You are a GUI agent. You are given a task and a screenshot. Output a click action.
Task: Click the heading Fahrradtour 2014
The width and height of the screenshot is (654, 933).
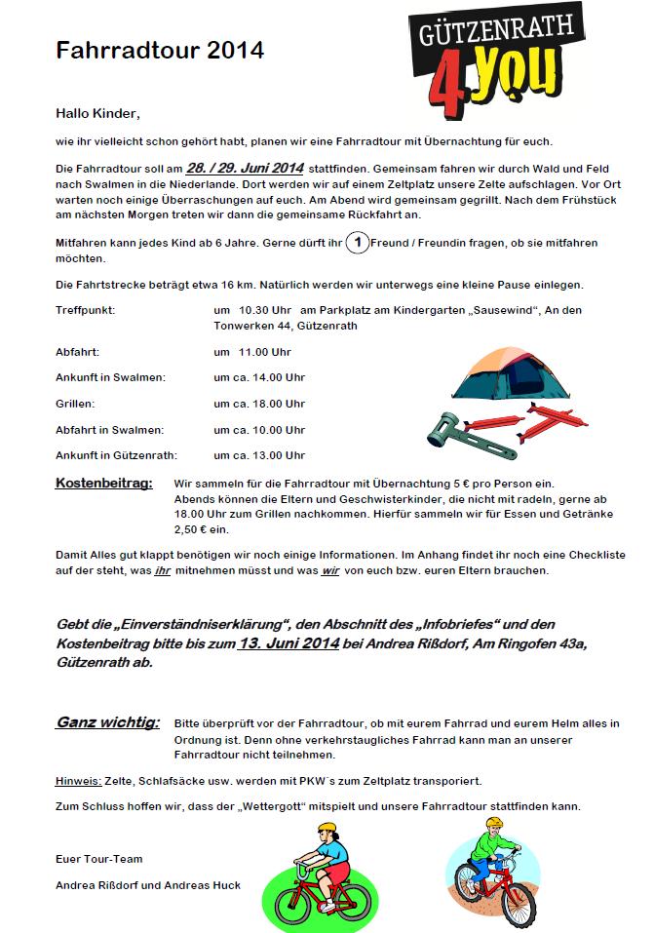tap(160, 51)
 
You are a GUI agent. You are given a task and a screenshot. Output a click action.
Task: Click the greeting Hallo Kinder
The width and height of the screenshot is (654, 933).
tap(97, 113)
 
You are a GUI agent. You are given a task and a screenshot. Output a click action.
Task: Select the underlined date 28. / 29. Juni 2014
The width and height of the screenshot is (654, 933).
tap(245, 168)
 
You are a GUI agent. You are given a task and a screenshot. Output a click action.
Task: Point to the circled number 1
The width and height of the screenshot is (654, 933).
tap(358, 243)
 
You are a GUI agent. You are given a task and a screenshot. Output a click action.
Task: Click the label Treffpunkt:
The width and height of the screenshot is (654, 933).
tap(86, 309)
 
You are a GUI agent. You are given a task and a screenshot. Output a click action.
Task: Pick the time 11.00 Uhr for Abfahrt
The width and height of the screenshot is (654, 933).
tap(252, 351)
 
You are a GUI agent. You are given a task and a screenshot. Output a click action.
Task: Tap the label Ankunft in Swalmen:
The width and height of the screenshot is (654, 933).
tap(110, 376)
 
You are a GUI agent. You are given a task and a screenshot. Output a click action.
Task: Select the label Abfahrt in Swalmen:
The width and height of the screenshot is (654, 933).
tap(110, 429)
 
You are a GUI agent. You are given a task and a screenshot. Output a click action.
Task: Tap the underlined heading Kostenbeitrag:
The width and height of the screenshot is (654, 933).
tap(104, 483)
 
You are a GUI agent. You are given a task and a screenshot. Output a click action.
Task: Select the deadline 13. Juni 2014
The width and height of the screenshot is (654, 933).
tap(289, 643)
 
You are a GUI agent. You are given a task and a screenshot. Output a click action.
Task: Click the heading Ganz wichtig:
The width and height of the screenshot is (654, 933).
tap(107, 722)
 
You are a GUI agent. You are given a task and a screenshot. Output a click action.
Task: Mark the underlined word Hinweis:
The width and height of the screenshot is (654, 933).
tap(79, 781)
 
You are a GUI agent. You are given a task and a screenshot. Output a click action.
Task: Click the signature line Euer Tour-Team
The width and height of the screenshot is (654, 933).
tap(99, 859)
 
